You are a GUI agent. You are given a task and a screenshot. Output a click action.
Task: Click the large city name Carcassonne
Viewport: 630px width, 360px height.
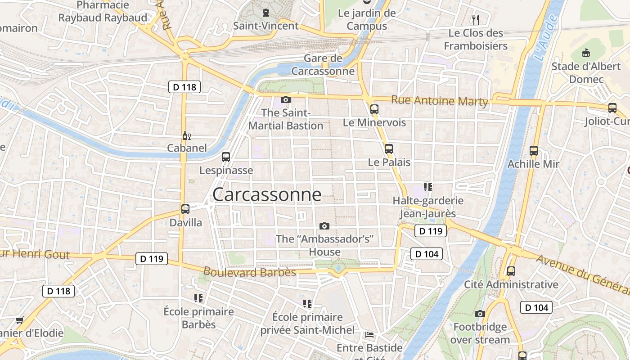(x=267, y=194)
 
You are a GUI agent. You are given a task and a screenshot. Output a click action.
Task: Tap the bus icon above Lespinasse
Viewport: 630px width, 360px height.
(x=226, y=157)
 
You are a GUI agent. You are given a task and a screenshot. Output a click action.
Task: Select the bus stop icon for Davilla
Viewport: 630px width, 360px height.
(x=185, y=209)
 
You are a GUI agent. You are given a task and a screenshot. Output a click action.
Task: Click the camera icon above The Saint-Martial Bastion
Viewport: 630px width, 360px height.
(x=285, y=99)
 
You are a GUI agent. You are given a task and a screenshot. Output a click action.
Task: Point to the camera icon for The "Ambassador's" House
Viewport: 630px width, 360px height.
(x=324, y=226)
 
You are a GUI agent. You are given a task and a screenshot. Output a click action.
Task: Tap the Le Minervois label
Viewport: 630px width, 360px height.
(x=374, y=122)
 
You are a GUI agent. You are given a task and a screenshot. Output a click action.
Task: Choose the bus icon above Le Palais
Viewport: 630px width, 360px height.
(x=388, y=149)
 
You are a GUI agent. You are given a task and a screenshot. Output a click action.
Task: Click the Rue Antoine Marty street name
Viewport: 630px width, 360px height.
(x=439, y=101)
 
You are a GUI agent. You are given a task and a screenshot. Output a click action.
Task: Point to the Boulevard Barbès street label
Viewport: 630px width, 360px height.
(x=249, y=272)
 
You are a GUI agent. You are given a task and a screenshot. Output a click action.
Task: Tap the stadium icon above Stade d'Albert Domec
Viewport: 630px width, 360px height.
(x=585, y=53)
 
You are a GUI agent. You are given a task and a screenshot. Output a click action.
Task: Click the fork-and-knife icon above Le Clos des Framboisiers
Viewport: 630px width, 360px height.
(x=475, y=20)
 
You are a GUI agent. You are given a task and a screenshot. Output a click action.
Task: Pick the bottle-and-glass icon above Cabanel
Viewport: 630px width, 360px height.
(x=186, y=135)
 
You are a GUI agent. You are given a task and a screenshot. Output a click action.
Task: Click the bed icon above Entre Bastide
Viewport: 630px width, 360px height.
(x=369, y=335)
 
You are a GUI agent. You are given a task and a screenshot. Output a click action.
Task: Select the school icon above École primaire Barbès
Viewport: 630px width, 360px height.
(x=198, y=298)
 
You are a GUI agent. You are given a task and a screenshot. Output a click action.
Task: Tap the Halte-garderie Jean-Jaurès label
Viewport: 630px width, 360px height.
(x=428, y=207)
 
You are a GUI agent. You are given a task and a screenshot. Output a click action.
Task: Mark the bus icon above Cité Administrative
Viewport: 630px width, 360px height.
(x=511, y=271)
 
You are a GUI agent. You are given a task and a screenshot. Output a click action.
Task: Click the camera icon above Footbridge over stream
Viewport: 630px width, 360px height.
(x=480, y=314)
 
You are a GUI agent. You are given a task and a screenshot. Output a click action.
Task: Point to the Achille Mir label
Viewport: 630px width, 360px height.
(x=533, y=164)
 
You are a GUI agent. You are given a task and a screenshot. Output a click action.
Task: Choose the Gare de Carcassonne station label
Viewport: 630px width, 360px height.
(x=323, y=65)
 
